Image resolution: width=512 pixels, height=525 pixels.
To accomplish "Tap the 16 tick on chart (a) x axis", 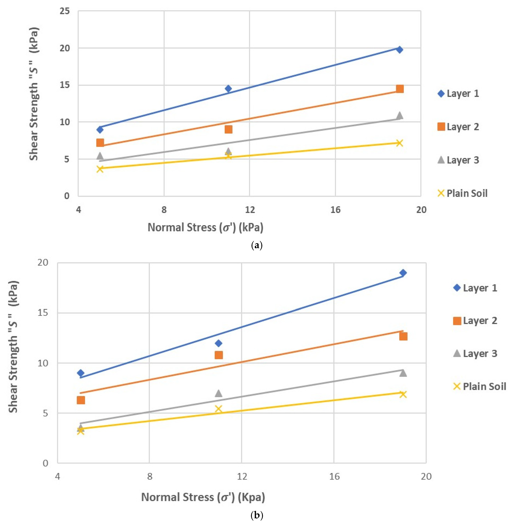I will pos(335,210).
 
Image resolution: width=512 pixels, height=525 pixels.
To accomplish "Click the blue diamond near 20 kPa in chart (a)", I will pos(400,49).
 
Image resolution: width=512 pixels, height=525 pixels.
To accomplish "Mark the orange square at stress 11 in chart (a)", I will pos(228,129).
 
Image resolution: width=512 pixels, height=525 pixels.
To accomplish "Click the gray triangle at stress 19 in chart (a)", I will pos(400,115).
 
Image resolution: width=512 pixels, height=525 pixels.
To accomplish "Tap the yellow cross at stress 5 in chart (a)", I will pos(100,169).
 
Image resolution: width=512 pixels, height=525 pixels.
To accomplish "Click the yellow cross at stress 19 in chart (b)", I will pos(403,394).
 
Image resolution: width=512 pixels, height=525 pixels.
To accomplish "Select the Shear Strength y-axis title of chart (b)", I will pos(13,347).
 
